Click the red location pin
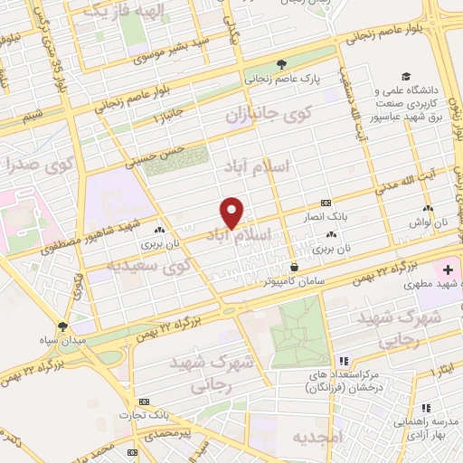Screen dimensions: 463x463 pyautogui.click(x=232, y=212)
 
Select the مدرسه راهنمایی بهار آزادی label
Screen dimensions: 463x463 pyautogui.click(x=426, y=426)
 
